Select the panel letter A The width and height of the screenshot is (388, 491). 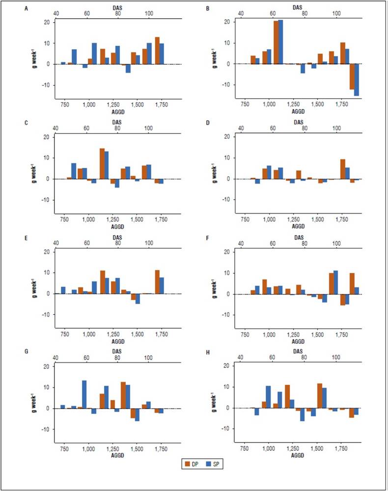click(x=27, y=7)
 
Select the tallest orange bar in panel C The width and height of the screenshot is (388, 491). click(x=102, y=164)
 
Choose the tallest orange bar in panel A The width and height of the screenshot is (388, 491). click(x=157, y=51)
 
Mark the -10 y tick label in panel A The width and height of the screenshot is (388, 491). click(x=46, y=85)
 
